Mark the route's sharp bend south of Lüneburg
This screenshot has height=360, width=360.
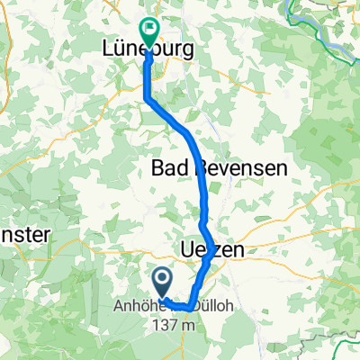click(x=147, y=98)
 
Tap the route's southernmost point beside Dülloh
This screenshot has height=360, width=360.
click(x=186, y=309)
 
